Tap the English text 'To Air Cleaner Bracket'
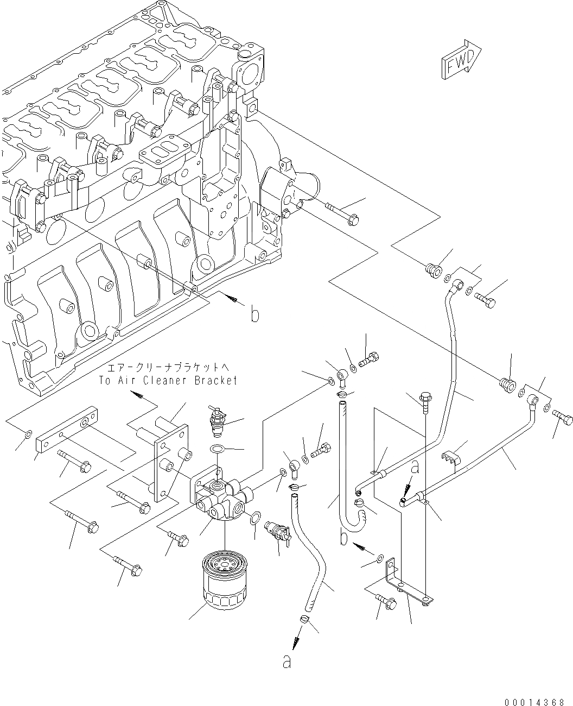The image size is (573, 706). [x=169, y=381]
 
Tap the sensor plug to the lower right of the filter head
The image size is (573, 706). [x=275, y=532]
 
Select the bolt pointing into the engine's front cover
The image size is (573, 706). [x=341, y=213]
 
